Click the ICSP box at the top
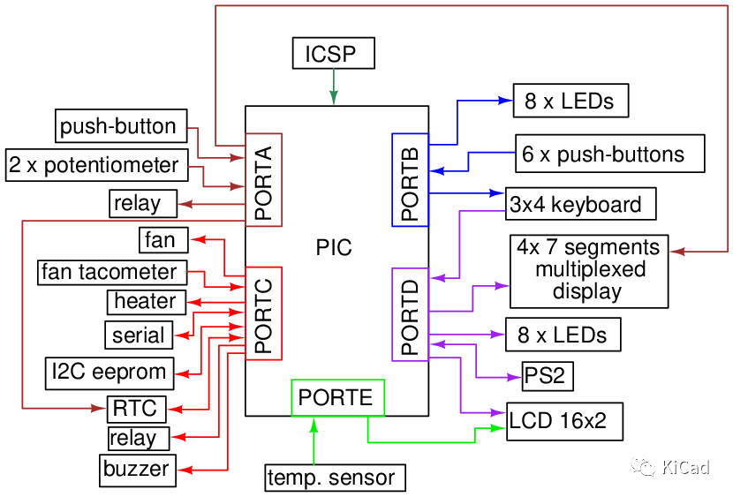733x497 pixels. pyautogui.click(x=332, y=54)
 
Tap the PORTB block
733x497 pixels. pyautogui.click(x=410, y=180)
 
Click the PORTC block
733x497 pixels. pyautogui.click(x=263, y=313)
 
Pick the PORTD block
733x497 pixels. pyautogui.click(x=410, y=314)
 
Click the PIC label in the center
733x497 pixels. pyautogui.click(x=334, y=248)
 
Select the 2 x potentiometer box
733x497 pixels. pyautogui.click(x=95, y=165)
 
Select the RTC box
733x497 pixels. pyautogui.click(x=135, y=408)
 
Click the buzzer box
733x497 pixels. pyautogui.click(x=137, y=468)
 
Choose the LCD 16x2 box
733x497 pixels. pyautogui.click(x=564, y=421)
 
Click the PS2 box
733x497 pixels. pyautogui.click(x=546, y=375)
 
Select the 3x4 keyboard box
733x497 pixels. pyautogui.click(x=580, y=204)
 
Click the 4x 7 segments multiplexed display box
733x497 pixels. pyautogui.click(x=588, y=270)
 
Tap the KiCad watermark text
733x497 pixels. pyautogui.click(x=685, y=467)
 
